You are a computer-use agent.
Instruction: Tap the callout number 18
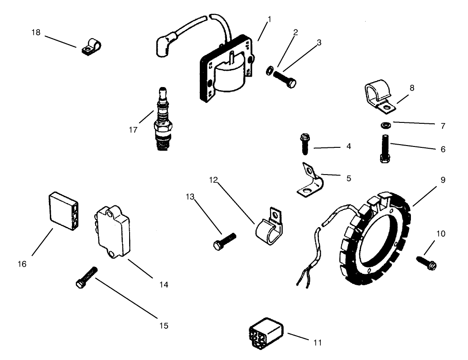36,32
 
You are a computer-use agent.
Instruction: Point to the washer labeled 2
270,70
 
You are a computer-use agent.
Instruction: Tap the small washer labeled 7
385,125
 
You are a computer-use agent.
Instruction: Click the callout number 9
443,180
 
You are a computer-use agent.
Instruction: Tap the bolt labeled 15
87,277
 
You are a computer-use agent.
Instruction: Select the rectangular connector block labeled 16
64,209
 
